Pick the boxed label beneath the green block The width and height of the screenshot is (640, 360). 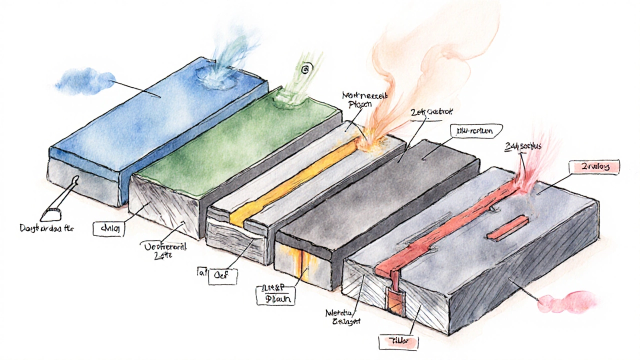pos(107,228)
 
